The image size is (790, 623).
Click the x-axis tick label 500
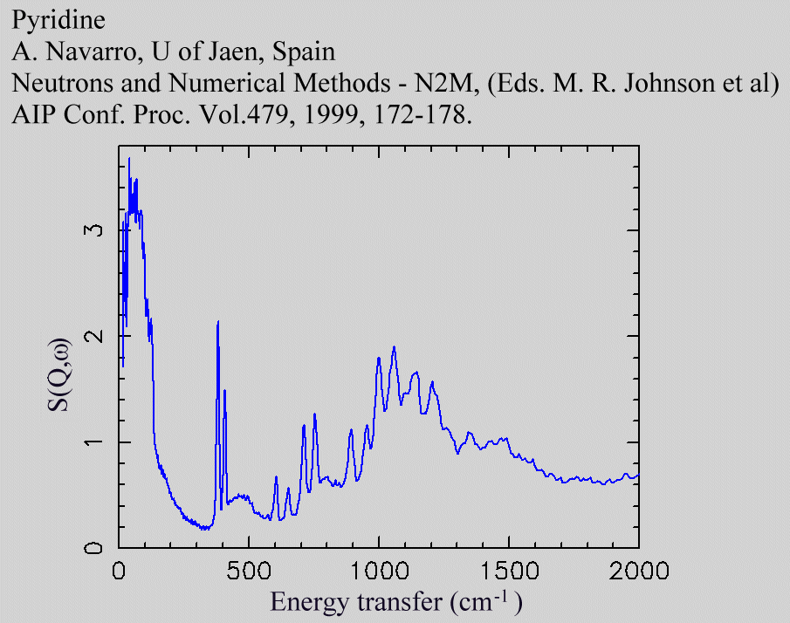tap(249, 572)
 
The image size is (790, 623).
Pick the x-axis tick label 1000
tap(379, 572)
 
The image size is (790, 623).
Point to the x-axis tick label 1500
tap(509, 572)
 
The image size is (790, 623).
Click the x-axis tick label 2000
tap(639, 572)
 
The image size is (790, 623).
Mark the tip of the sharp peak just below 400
tap(218, 322)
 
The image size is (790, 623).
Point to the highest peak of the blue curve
tap(129, 158)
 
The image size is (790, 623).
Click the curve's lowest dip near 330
tap(204, 529)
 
